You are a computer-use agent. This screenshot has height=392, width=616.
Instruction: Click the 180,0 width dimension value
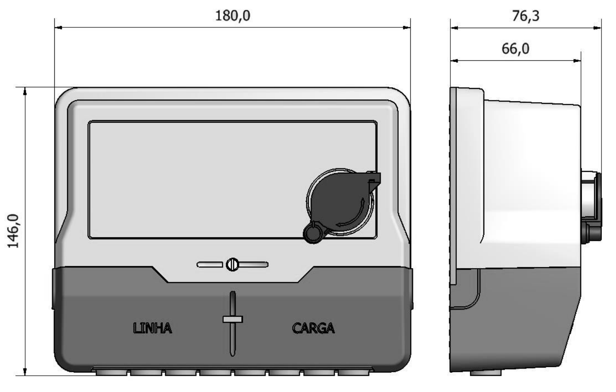[233, 16]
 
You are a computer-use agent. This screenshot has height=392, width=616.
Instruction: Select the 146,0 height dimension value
[13, 231]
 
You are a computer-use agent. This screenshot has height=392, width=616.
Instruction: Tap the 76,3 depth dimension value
[525, 16]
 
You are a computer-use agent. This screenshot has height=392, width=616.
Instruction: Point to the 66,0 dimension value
[515, 49]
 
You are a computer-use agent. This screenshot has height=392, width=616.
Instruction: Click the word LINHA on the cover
[153, 328]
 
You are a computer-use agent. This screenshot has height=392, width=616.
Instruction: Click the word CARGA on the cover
[313, 328]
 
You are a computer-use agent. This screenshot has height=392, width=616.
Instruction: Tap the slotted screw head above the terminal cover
[232, 265]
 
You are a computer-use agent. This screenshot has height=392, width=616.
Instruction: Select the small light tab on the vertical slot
[233, 319]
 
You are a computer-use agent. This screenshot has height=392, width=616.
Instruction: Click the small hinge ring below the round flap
[313, 233]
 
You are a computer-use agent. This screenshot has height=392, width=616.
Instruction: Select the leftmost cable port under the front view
[111, 372]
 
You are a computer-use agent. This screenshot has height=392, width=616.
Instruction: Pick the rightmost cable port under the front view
[353, 372]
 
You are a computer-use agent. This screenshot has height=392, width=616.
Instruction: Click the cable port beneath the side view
[486, 373]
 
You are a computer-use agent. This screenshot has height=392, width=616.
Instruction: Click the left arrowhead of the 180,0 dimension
[58, 27]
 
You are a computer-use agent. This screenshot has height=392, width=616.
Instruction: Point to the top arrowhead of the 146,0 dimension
[25, 91]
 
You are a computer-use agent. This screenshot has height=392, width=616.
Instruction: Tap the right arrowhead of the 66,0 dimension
[577, 61]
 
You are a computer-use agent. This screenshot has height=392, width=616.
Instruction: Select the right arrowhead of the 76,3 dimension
[598, 28]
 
